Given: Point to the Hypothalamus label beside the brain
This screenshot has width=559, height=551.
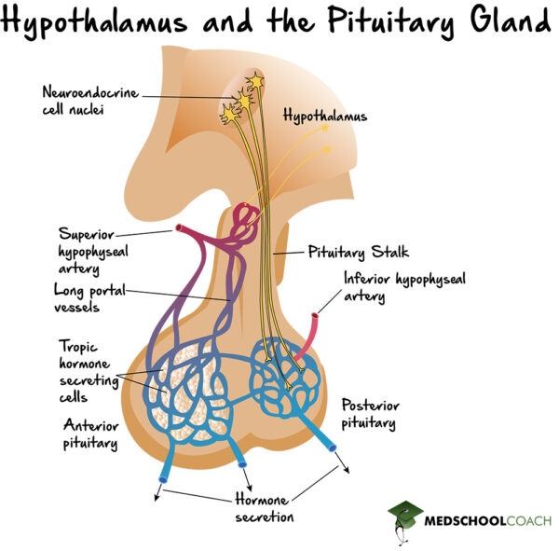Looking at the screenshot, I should click(325, 117).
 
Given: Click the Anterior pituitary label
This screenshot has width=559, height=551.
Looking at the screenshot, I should click(89, 434).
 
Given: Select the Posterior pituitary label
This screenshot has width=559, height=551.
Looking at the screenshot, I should click(368, 414).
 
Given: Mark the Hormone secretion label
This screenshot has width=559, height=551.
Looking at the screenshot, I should click(264, 508).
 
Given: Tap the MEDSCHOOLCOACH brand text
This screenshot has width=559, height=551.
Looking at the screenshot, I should click(490, 520).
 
